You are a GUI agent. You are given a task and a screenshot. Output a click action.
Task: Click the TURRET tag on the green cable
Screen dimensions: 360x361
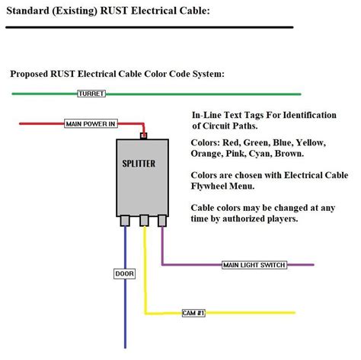tap(91, 94)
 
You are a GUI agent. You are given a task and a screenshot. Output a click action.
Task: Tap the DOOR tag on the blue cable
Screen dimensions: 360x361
tap(124, 273)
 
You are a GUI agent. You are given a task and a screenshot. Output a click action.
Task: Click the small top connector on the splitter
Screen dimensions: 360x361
tap(143, 136)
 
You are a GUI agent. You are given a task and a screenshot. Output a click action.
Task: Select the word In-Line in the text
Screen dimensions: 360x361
tap(209, 114)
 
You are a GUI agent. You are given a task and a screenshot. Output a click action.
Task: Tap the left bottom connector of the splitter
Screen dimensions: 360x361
tap(125, 221)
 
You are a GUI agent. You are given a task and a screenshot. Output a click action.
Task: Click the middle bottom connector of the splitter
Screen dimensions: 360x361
tap(143, 221)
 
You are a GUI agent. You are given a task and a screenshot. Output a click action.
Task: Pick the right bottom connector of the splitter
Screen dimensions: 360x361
tap(161, 221)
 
